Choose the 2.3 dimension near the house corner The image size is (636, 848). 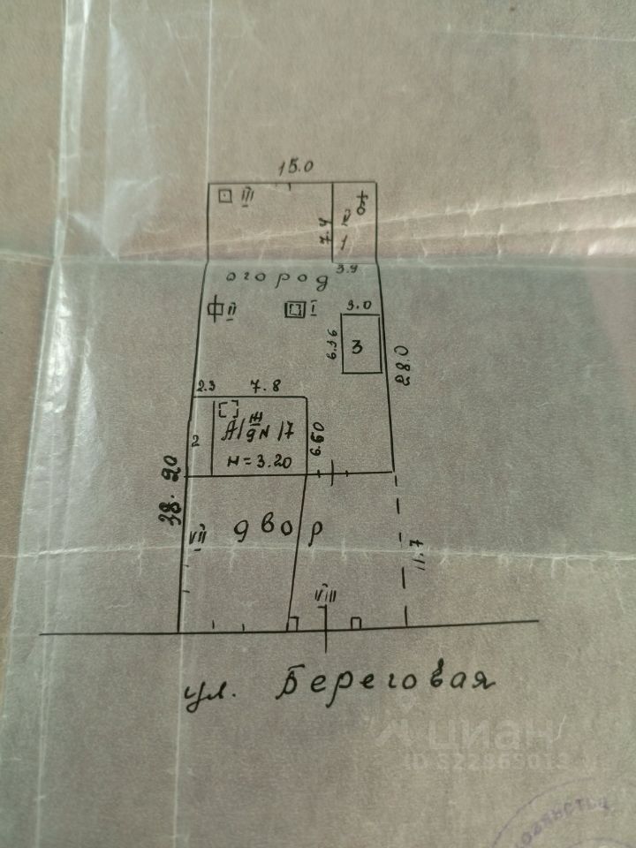click(207, 385)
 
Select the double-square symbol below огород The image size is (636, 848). click(295, 309)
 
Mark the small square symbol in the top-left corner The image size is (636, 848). click(225, 195)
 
